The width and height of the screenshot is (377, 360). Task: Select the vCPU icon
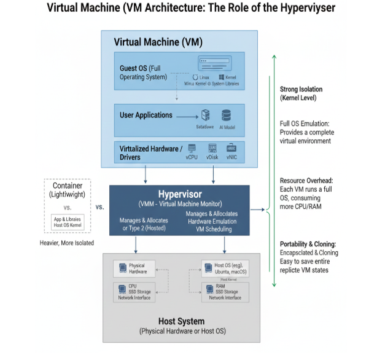192,148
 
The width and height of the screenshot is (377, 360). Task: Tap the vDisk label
212,157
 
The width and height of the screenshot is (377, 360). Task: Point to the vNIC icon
231,148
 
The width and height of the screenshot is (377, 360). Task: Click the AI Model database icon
226,115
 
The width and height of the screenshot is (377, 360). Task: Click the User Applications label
146,115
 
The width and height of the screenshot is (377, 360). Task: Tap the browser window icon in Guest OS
219,64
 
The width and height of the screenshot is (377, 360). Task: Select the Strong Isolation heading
301,89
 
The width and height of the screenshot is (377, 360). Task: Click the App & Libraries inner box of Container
68,222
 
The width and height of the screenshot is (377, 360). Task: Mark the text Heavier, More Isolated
68,243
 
